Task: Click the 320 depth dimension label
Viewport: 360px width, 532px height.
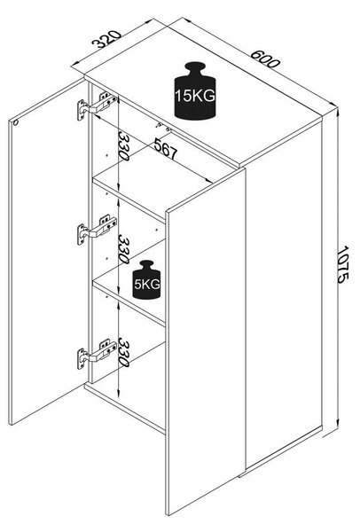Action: point(106,39)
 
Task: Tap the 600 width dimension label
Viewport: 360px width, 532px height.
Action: point(265,59)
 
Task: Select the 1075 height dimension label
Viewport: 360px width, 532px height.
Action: point(343,264)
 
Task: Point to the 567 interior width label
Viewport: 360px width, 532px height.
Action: point(166,149)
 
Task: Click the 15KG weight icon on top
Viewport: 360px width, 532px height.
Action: point(195,90)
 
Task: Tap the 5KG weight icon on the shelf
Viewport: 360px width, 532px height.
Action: point(146,279)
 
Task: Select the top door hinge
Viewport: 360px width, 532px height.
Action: point(97,105)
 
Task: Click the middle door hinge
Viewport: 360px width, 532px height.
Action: point(97,229)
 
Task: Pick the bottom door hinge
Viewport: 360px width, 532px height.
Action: point(97,353)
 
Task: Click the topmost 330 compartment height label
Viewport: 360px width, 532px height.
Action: point(123,146)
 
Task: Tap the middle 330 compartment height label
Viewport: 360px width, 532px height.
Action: point(123,249)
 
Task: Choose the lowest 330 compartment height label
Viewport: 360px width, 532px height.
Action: point(123,352)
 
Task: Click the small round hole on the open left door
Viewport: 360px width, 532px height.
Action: point(15,123)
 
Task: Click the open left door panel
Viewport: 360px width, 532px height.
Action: point(48,252)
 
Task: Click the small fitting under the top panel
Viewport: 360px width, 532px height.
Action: point(163,127)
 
